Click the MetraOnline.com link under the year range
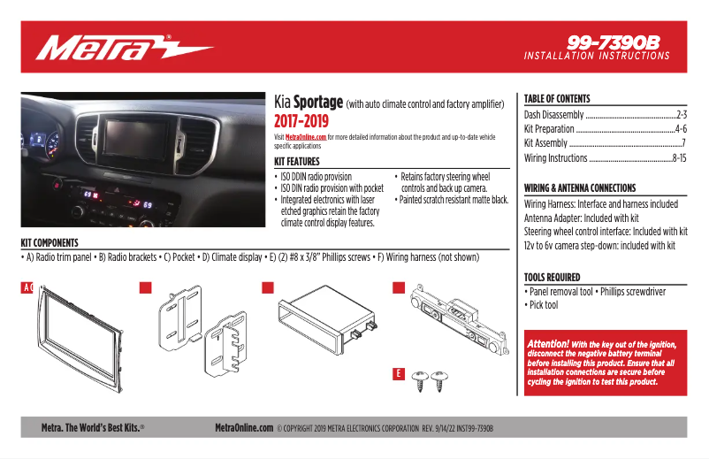coord(306,137)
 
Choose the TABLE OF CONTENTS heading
coord(557,99)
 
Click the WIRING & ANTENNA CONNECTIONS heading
coord(580,188)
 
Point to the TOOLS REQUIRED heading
coord(552,277)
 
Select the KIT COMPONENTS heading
coord(50,242)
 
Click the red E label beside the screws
coord(398,375)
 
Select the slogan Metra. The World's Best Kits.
coord(92,427)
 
